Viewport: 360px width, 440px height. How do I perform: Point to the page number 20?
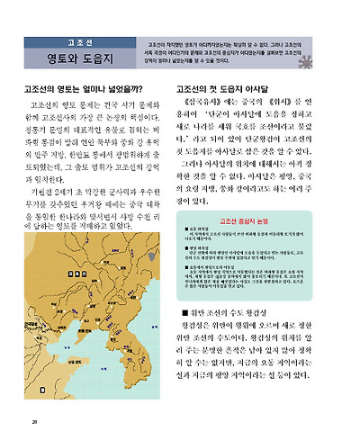(33, 420)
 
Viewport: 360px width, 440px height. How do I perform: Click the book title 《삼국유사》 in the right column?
(208, 106)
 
